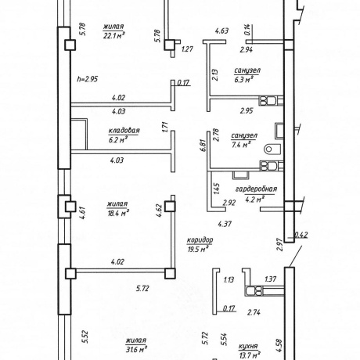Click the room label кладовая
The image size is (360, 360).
click(124, 131)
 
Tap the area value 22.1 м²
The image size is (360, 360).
click(113, 35)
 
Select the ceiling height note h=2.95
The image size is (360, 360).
click(88, 79)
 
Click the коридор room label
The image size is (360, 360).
click(200, 240)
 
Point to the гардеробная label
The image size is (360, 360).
click(256, 189)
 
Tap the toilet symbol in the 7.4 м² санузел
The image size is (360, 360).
click(272, 149)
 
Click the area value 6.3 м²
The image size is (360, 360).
click(244, 79)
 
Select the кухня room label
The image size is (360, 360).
click(248, 347)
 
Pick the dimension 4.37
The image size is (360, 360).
click(225, 224)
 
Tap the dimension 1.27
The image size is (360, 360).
click(187, 49)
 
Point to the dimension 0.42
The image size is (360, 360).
click(301, 235)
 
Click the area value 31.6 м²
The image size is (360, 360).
click(136, 349)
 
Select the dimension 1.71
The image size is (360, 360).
click(165, 128)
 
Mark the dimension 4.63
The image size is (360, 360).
click(221, 31)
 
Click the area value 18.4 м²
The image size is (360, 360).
click(118, 213)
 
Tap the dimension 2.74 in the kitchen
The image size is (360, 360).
click(254, 312)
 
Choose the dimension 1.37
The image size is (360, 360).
click(270, 279)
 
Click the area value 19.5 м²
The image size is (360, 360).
click(198, 250)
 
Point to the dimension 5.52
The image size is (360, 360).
click(85, 337)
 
